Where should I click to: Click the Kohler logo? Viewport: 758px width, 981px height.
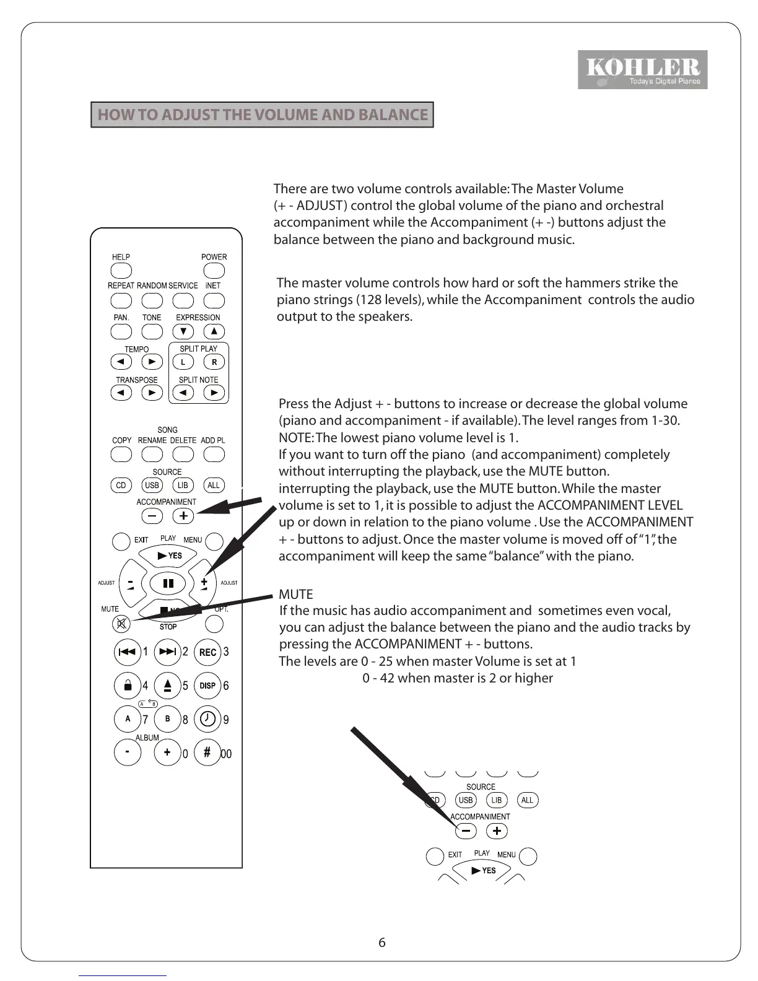pos(642,69)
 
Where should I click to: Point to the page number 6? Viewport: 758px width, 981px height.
pos(381,942)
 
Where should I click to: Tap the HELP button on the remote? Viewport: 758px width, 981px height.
pos(121,271)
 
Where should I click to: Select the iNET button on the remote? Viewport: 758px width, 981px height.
pos(214,300)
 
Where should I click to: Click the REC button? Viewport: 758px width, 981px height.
pos(207,652)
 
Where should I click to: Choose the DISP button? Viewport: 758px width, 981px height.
pos(207,686)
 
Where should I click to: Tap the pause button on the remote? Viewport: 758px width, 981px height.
pos(168,583)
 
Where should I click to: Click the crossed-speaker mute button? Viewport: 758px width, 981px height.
pos(121,624)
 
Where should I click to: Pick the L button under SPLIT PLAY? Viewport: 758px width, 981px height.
pos(183,362)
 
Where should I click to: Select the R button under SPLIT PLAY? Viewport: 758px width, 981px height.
pos(214,362)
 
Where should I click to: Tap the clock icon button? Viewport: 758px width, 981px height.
pos(207,719)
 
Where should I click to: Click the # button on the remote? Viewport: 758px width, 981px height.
pos(207,752)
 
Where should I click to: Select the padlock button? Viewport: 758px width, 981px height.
pos(128,686)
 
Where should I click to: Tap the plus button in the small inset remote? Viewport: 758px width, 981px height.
pos(497,831)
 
